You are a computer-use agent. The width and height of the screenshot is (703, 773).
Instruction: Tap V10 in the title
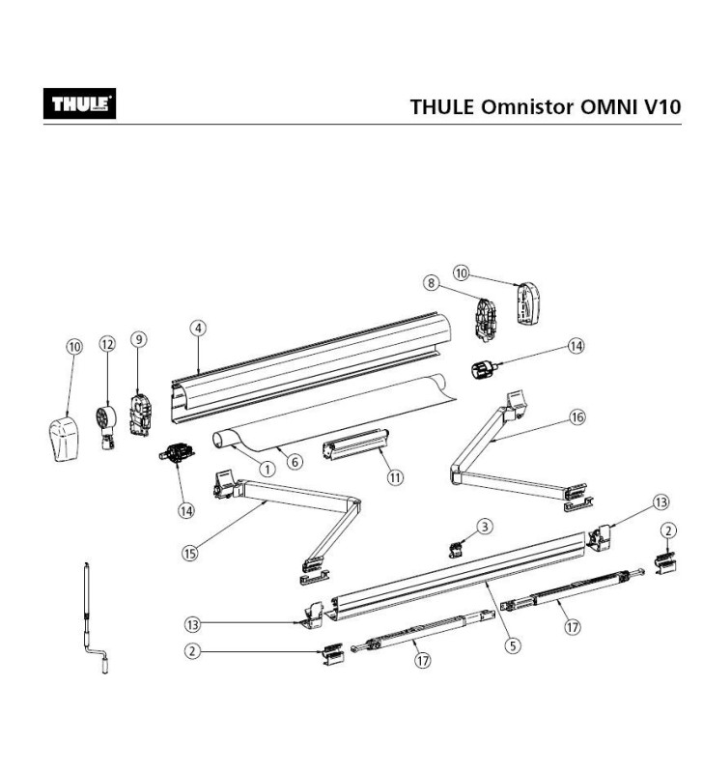662,106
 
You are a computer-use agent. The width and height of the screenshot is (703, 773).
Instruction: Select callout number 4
197,328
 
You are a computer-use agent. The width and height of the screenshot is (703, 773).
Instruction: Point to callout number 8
431,282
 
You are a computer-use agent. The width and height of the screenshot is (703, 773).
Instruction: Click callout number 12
107,344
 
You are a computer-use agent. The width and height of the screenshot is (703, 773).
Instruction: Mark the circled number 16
577,417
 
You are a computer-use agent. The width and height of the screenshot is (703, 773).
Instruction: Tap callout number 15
189,553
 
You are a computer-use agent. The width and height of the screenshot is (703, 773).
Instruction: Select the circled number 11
395,477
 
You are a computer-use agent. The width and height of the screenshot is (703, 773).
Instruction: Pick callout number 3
485,526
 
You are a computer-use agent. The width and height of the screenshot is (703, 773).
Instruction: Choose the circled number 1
265,468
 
